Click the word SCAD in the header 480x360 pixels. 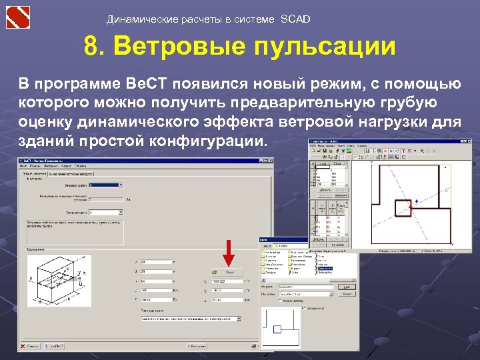(295, 19)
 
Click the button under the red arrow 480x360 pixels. (229, 272)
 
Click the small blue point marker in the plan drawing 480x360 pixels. (417, 201)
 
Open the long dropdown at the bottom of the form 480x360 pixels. (189, 319)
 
